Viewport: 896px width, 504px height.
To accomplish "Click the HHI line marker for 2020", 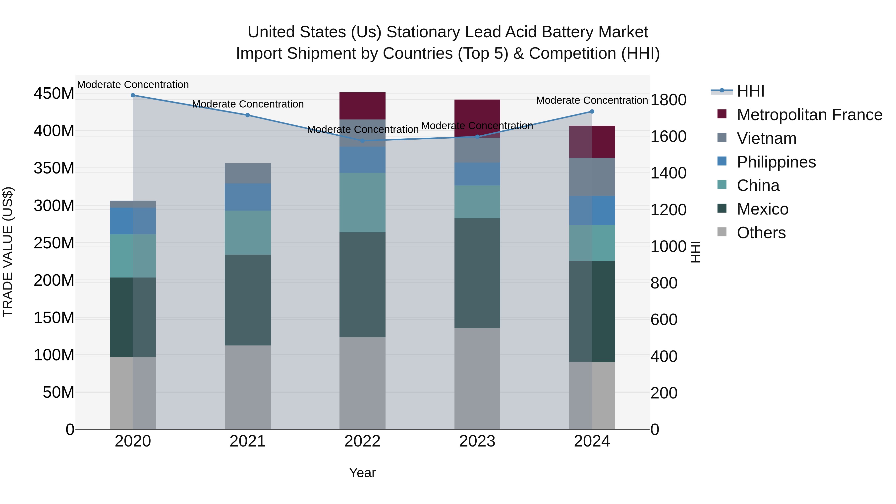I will pos(133,95).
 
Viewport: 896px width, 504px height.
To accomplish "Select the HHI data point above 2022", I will pos(362,141).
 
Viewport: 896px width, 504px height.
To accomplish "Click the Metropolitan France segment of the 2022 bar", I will pos(362,106).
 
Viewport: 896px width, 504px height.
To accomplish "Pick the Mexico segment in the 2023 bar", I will pos(477,273).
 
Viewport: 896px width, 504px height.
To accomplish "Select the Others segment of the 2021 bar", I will pos(248,387).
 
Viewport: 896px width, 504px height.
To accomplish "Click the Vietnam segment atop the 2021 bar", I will pos(248,173).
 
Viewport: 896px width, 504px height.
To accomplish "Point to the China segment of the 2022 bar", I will pos(362,202).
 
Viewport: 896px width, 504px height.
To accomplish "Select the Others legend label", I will pos(761,233).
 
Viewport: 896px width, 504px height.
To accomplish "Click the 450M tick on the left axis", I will pos(54,94).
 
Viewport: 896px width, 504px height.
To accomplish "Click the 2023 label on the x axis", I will pos(477,441).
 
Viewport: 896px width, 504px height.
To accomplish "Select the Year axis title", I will pos(362,473).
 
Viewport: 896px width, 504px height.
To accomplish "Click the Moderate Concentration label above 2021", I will pos(248,104).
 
